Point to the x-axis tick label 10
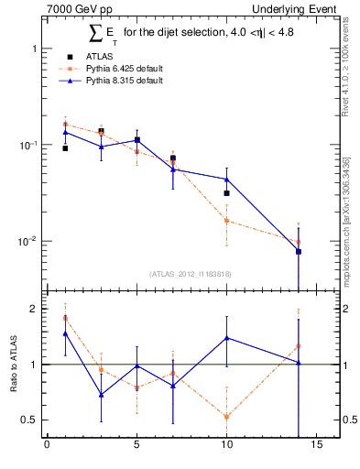point(226,447)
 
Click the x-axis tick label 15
point(316,447)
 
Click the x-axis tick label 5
point(136,447)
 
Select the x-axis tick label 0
point(47,447)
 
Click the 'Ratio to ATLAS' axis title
point(14,364)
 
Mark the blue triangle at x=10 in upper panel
point(226,180)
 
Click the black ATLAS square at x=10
point(226,193)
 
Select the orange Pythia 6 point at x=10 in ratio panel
point(226,417)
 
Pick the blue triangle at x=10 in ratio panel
point(226,338)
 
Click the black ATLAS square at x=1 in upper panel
point(65,147)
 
